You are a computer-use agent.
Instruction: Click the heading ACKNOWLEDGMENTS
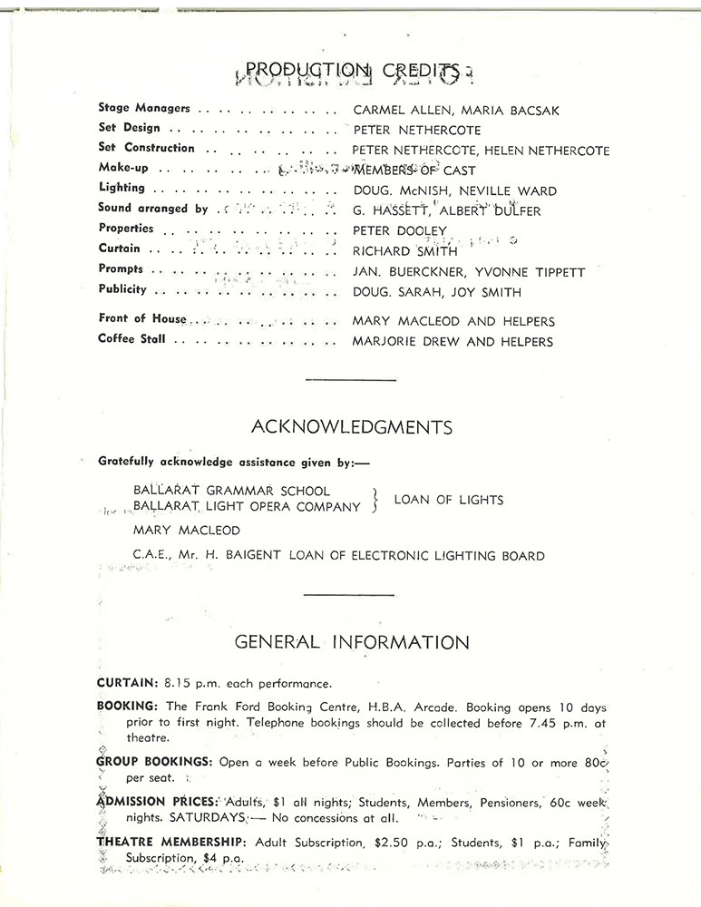(352, 426)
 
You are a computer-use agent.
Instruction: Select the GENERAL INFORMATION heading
(352, 642)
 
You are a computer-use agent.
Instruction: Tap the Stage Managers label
(143, 108)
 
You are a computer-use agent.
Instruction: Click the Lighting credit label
(121, 188)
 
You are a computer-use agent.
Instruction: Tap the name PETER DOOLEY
(400, 231)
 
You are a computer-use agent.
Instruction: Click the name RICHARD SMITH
(405, 251)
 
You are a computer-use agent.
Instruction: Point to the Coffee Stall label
(131, 339)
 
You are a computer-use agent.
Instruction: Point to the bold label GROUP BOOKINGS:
(154, 764)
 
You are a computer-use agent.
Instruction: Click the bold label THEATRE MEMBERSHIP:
(171, 843)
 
